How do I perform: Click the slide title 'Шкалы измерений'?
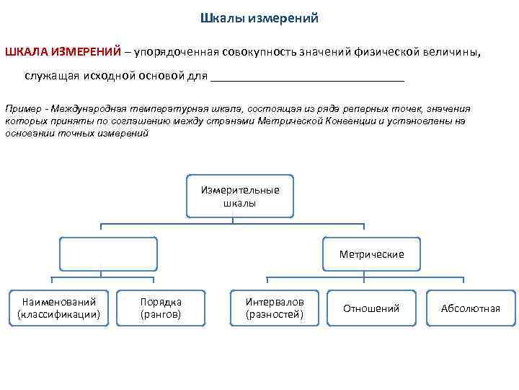point(258,18)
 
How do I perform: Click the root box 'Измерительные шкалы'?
point(240,196)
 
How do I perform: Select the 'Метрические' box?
point(371,254)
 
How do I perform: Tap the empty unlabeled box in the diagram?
point(108,254)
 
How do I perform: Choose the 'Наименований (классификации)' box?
point(58,308)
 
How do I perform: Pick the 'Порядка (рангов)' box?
point(161,308)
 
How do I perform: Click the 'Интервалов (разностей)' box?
point(275,308)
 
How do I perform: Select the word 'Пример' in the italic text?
point(22,108)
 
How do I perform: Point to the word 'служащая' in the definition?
point(48,76)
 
